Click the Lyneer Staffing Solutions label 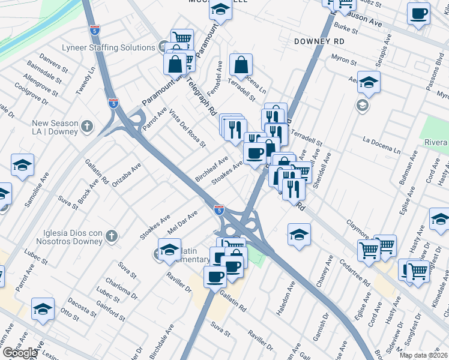(109, 47)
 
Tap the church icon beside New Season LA (87, 126)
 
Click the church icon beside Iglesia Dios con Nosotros (111, 236)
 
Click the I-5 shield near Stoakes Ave (219, 211)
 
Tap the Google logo (19, 352)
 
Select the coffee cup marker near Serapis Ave (418, 13)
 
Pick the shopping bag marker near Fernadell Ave (240, 65)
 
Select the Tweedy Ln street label (86, 80)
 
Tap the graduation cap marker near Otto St (43, 309)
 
